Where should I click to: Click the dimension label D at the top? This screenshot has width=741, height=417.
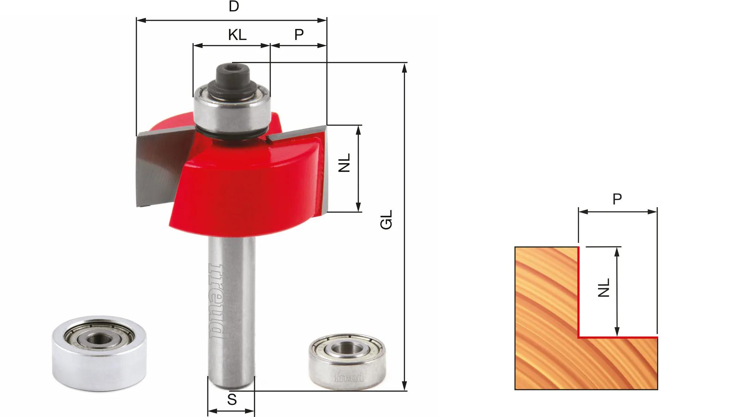pos(233,6)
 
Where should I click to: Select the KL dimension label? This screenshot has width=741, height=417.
pos(237,35)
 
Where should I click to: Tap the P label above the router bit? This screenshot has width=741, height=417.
pos(299,34)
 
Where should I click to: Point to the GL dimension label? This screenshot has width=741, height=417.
pos(386,220)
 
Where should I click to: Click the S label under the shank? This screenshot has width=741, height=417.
pos(232,400)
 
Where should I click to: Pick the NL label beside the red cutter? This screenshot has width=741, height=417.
pos(344,163)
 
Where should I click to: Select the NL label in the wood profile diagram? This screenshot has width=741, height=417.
pos(604,288)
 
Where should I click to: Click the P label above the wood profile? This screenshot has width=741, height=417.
pos(617,199)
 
